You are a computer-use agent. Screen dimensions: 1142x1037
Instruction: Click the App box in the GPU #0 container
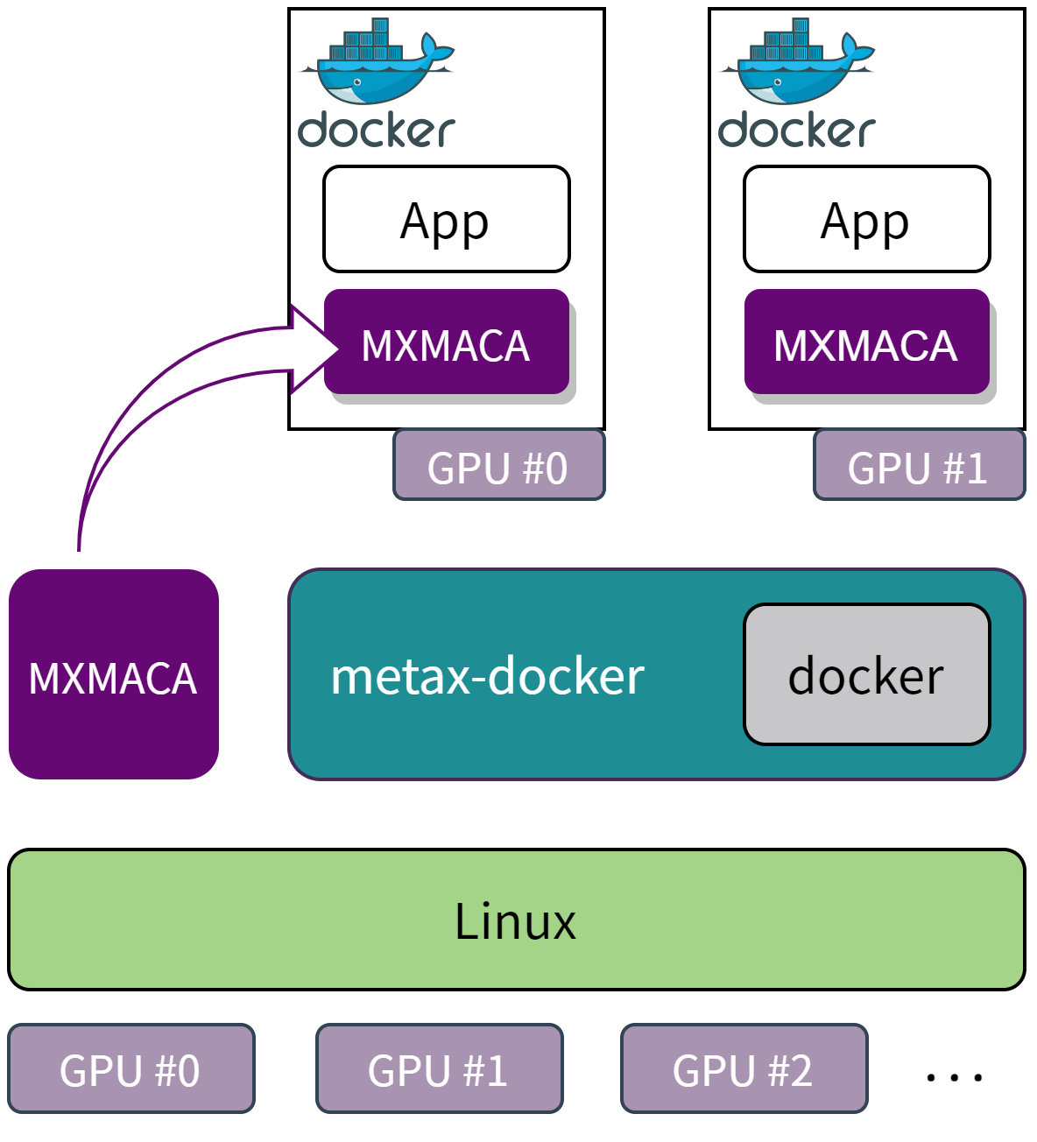tap(447, 219)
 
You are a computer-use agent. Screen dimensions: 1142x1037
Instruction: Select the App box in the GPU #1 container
tap(867, 219)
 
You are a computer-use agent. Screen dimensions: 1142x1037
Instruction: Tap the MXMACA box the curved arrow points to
tap(447, 343)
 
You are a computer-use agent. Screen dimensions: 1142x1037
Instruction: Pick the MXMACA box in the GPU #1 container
tap(867, 343)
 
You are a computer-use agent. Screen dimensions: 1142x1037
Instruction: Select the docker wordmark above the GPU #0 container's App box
tap(377, 130)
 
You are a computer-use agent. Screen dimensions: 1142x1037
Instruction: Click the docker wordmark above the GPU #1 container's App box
tap(797, 130)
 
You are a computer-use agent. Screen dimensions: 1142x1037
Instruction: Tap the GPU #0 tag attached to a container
tap(498, 465)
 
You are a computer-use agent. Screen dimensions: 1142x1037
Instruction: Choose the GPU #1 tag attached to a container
tap(919, 465)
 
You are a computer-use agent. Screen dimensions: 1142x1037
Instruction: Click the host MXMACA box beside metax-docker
tap(114, 674)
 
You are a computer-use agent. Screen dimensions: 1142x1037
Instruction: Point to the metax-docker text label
tap(488, 676)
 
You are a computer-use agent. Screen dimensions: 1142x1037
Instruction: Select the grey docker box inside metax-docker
tap(867, 674)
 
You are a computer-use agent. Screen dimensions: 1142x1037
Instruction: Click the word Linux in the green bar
tap(516, 921)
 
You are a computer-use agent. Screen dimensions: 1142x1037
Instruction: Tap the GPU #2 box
tap(744, 1069)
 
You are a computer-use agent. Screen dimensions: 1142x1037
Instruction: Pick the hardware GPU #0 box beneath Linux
tap(131, 1069)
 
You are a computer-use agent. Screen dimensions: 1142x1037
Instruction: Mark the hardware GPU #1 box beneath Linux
tap(439, 1069)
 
